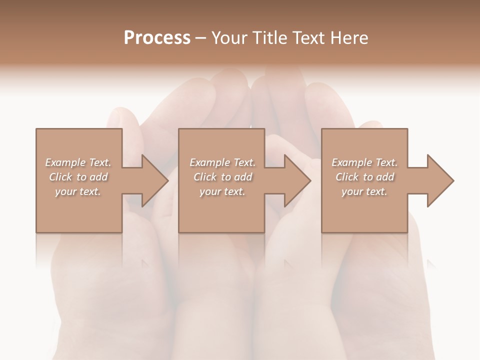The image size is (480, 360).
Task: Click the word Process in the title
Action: click(x=157, y=38)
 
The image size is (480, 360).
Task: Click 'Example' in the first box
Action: click(x=65, y=162)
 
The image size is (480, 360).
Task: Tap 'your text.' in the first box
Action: click(x=78, y=191)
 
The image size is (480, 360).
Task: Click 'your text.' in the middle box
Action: click(x=222, y=191)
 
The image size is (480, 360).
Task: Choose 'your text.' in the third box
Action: click(x=364, y=191)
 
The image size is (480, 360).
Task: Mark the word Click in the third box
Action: click(x=347, y=177)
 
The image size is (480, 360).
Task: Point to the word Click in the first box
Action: click(x=60, y=177)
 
